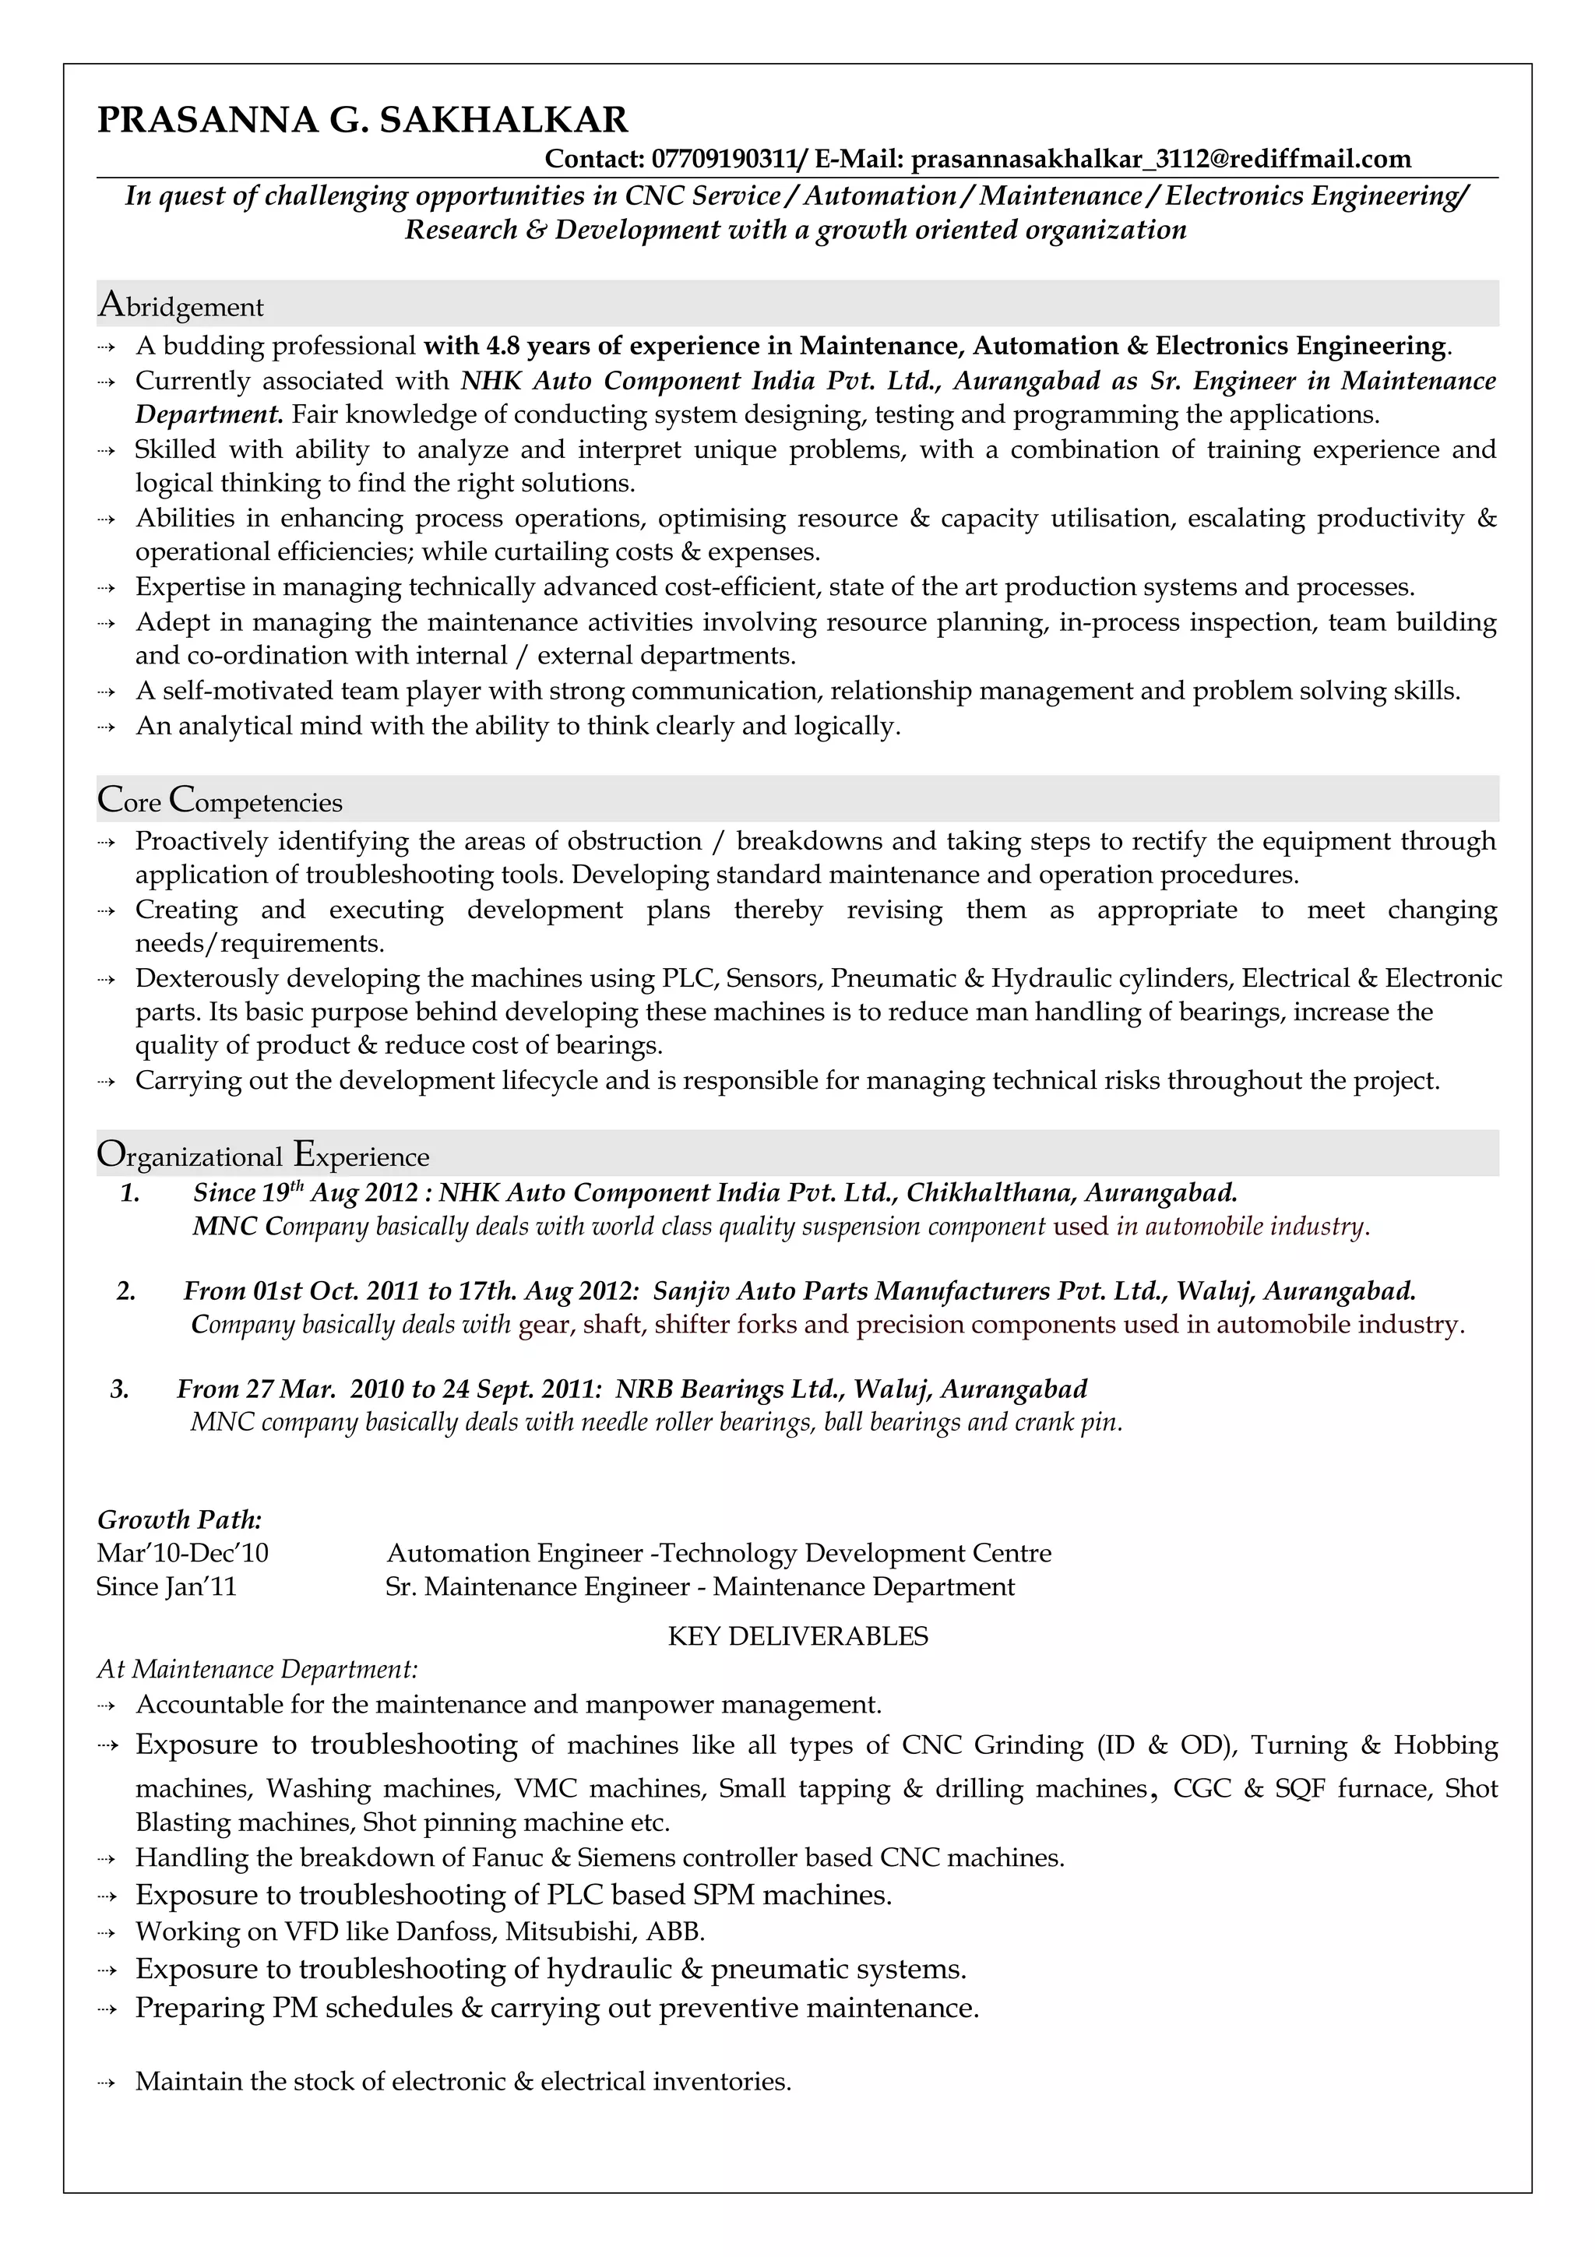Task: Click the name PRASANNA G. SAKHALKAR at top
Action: [x=363, y=120]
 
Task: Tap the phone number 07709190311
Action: [x=727, y=159]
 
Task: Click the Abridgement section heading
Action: [x=181, y=306]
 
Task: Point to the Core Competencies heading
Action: [x=220, y=801]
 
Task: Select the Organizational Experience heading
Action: [x=263, y=1155]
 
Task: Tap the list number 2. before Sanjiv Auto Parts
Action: [x=126, y=1290]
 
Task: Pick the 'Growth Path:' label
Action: [x=180, y=1519]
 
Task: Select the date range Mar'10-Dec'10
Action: [x=183, y=1553]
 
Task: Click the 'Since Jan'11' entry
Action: [x=167, y=1586]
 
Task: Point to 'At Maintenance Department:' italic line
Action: [x=258, y=1669]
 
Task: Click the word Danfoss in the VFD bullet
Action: [x=446, y=1931]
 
